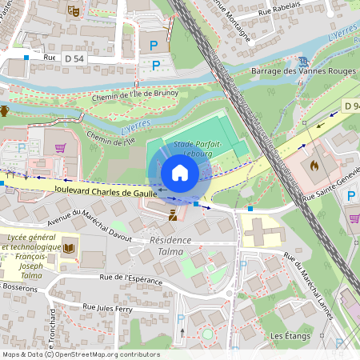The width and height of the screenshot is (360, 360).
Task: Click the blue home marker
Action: pos(180,173)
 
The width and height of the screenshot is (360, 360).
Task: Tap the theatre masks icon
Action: pos(74,11)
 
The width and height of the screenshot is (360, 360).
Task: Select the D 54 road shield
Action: pos(74,58)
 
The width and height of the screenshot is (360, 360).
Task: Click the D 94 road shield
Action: pos(352,106)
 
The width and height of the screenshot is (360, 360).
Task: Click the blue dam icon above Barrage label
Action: pos(302,60)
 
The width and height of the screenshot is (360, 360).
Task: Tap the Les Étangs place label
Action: pos(290,335)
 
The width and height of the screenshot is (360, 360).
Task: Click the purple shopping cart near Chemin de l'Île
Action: pos(59,148)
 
